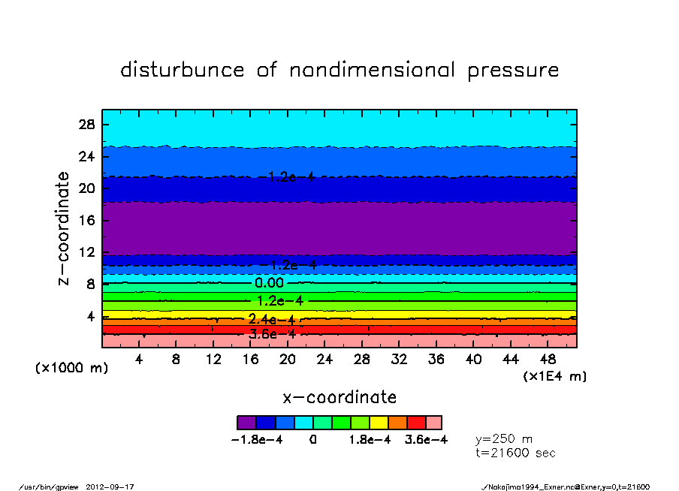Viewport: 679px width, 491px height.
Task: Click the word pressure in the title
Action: click(514, 71)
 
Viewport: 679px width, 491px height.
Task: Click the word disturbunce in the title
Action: click(183, 70)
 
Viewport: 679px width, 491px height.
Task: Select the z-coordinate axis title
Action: click(64, 228)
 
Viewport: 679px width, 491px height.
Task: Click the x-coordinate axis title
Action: click(339, 397)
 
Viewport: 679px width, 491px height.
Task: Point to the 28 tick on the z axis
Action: click(86, 125)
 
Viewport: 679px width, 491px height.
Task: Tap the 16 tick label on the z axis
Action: click(86, 221)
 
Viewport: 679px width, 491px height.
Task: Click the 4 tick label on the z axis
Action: click(90, 317)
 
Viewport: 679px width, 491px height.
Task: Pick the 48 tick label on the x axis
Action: click(548, 360)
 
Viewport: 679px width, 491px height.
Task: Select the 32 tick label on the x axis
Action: click(399, 360)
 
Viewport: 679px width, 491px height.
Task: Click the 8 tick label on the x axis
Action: click(176, 360)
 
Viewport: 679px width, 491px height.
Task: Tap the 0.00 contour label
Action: click(270, 283)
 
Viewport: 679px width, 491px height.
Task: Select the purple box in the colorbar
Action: click(246, 423)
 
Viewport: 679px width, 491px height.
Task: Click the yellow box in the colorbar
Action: click(379, 423)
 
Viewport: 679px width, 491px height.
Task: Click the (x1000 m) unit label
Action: click(68, 369)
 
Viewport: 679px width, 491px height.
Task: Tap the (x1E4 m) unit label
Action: click(555, 376)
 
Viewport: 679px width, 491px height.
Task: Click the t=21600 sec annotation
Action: click(516, 453)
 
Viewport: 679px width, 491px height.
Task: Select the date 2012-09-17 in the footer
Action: click(116, 486)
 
